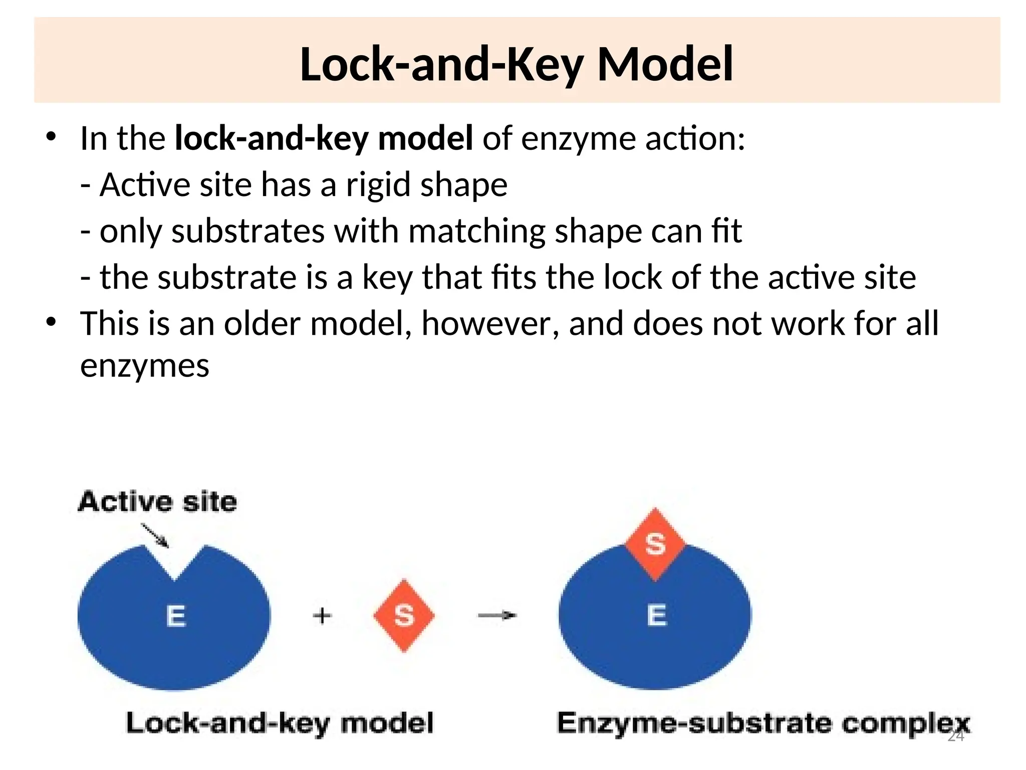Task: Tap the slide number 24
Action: coord(956,736)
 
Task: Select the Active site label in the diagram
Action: coord(157,502)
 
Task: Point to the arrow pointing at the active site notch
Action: coord(155,535)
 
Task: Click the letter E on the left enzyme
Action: coord(176,616)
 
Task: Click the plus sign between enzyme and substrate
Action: coord(322,616)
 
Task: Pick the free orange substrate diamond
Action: coord(404,616)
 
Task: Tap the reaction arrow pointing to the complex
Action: coord(497,615)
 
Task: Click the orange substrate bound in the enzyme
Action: coord(655,543)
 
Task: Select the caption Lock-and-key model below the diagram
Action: coord(280,723)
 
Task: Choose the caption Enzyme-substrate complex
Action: coord(763,723)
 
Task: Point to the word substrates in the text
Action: coord(247,231)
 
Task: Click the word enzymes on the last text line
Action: coord(144,365)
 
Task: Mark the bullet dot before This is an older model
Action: coord(51,322)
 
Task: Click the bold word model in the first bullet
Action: coord(425,138)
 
